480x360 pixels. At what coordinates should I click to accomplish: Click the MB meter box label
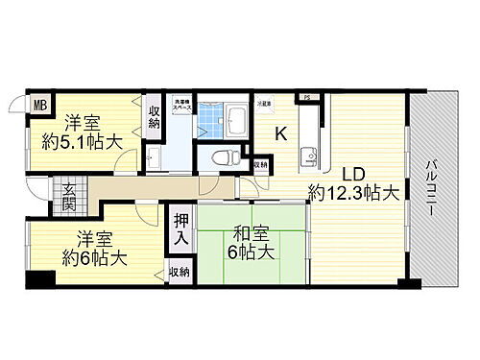(41, 106)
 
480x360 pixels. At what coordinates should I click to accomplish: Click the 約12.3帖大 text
(353, 193)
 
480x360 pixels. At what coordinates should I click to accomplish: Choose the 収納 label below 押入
(180, 274)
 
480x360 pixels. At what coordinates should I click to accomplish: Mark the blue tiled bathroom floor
(213, 120)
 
